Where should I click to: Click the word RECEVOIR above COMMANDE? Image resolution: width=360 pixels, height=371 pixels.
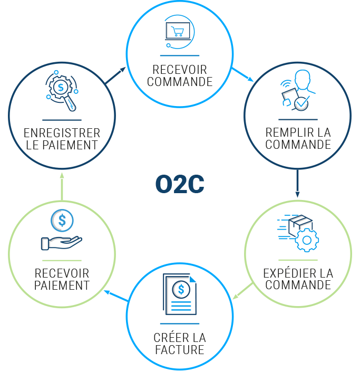(180, 70)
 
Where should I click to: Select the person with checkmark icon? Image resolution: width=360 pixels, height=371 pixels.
(297, 90)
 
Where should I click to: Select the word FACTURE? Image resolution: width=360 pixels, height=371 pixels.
(180, 349)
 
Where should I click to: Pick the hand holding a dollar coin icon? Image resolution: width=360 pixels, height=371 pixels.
(62, 231)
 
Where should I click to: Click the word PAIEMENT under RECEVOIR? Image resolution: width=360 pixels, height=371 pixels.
(62, 286)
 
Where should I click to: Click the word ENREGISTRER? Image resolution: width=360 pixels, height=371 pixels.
(62, 132)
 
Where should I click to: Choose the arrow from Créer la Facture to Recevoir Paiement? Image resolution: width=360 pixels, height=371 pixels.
(115, 296)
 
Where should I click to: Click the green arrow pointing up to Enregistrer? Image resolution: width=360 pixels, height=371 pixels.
(62, 186)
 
